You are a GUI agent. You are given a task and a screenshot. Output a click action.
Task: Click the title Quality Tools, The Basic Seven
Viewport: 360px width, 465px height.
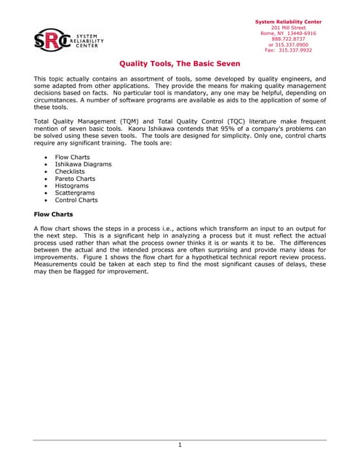[180, 64]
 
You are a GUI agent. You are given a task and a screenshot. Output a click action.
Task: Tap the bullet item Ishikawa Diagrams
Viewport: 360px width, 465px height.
[84, 164]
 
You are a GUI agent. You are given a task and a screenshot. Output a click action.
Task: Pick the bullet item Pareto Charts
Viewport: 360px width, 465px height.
[75, 179]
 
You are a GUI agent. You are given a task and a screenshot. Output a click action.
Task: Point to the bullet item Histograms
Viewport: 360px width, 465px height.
[72, 186]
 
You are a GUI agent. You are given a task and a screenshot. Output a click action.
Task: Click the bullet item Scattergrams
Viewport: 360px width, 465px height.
[76, 193]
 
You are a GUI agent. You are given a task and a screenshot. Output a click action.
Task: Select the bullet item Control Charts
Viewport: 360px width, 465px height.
[76, 201]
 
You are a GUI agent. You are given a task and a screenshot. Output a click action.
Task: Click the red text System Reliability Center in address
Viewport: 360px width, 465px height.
[288, 22]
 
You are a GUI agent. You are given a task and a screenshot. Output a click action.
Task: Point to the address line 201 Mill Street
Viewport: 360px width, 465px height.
[288, 28]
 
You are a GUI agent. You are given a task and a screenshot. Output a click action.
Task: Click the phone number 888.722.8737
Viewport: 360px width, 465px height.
[288, 39]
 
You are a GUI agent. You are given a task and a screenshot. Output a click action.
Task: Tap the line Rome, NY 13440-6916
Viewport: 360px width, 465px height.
[288, 33]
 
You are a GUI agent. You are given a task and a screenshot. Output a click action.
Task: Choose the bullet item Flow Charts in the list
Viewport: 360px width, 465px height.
[73, 157]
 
